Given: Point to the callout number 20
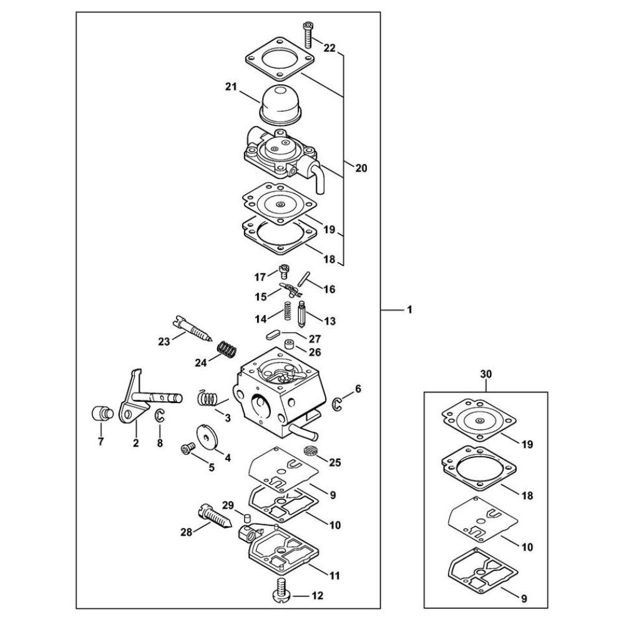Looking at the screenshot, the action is coord(361,168).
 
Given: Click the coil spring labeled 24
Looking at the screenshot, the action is coord(228,350).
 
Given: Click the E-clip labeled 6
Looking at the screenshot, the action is coord(338,403).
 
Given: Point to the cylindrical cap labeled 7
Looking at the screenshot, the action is coord(100,414).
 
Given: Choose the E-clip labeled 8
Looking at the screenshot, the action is coord(159,416).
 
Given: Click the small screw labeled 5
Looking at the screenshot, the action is coord(187,449).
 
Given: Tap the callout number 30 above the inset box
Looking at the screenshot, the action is coord(486,374).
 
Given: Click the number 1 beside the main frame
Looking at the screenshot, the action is coord(409,310).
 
